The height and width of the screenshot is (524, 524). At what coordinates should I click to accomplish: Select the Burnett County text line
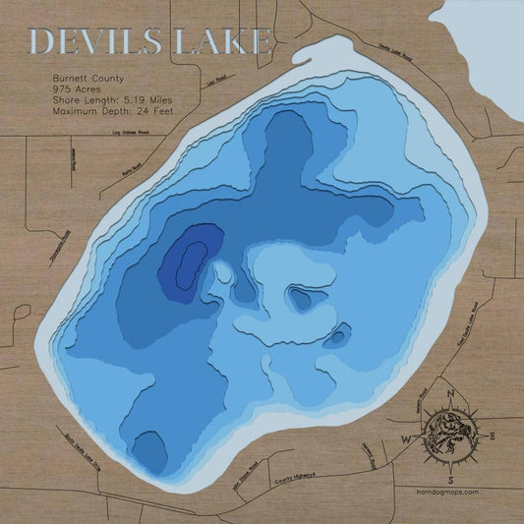(85, 76)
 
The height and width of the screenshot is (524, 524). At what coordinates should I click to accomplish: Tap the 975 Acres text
(76, 88)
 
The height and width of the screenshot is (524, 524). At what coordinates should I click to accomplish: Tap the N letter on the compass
(449, 396)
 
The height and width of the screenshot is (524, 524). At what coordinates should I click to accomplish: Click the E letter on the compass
(493, 434)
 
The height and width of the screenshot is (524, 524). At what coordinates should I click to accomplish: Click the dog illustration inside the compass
(448, 434)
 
